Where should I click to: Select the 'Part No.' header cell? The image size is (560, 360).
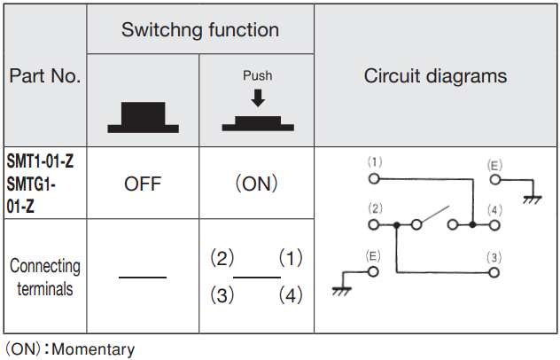(x=44, y=75)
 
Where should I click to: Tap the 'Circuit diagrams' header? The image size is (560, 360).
(x=435, y=75)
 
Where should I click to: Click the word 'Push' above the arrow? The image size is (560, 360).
(x=257, y=76)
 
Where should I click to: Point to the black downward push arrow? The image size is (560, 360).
(x=257, y=97)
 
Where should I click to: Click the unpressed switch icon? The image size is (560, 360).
(x=143, y=117)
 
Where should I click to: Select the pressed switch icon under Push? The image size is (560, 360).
(x=257, y=122)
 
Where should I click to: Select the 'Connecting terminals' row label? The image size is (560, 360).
(x=44, y=277)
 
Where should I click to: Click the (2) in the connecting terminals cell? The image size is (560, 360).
(x=221, y=258)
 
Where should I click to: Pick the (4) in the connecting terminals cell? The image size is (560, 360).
(x=291, y=295)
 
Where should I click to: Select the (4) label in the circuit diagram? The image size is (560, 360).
(x=494, y=210)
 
